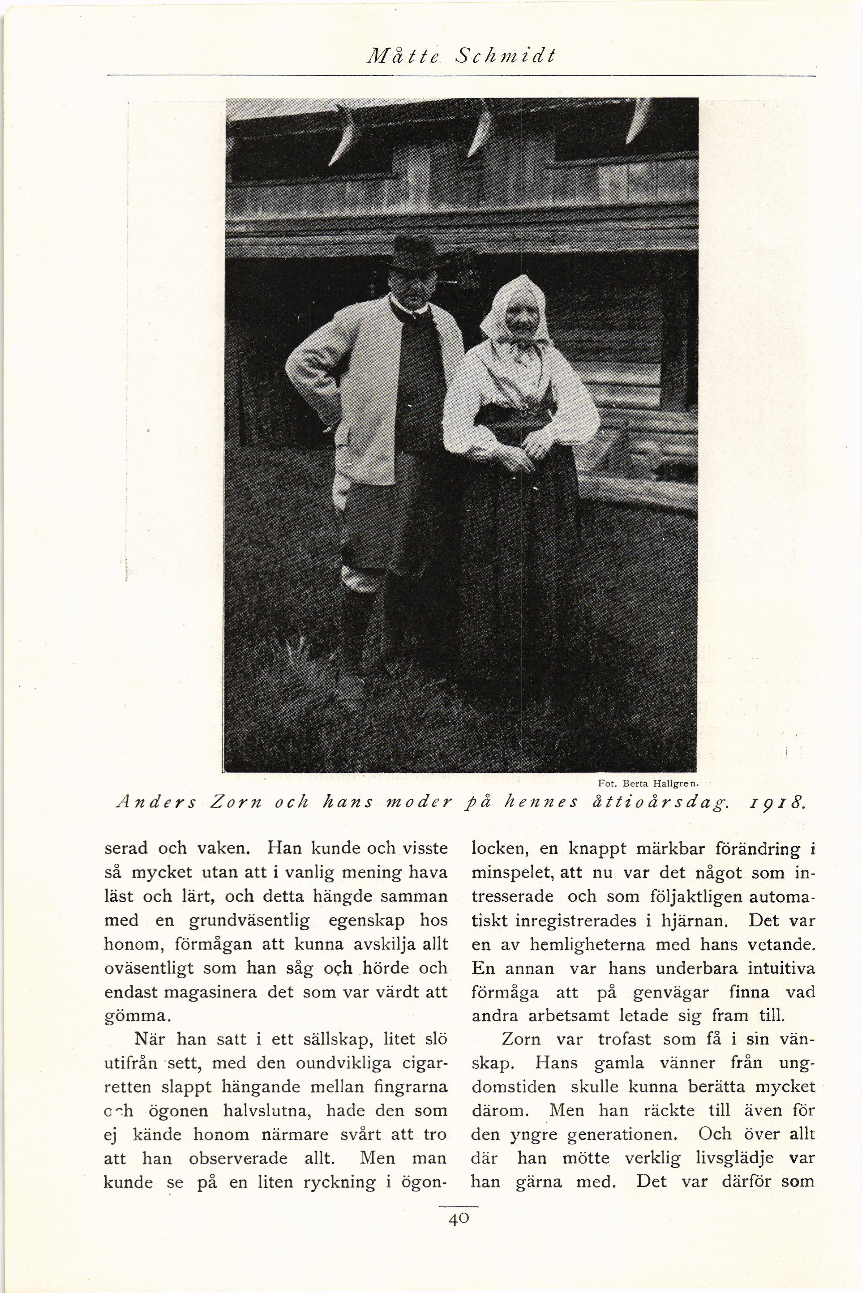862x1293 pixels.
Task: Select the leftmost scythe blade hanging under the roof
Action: (x=345, y=137)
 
